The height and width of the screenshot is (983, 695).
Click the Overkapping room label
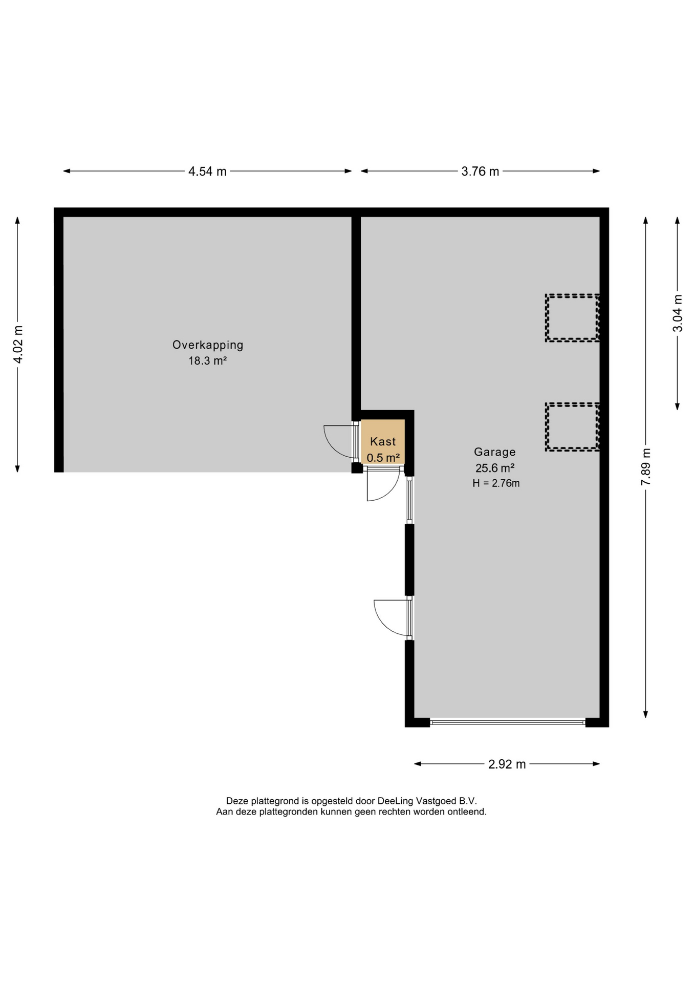pyautogui.click(x=207, y=346)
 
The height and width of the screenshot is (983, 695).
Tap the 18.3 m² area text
pyautogui.click(x=207, y=361)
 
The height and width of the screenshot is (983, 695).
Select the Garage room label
pyautogui.click(x=494, y=452)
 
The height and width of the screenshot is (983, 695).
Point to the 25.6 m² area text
pyautogui.click(x=494, y=468)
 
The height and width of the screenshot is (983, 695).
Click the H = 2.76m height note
pyautogui.click(x=496, y=483)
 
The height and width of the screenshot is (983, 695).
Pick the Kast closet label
pyautogui.click(x=383, y=441)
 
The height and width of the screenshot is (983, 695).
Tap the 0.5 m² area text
pyautogui.click(x=383, y=458)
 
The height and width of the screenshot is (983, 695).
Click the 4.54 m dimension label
pyautogui.click(x=207, y=172)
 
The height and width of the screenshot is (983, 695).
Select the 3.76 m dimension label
pyautogui.click(x=480, y=172)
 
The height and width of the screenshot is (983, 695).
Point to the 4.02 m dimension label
pyautogui.click(x=18, y=344)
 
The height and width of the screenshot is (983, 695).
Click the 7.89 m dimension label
pyautogui.click(x=646, y=467)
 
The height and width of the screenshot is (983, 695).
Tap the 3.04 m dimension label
pyautogui.click(x=678, y=313)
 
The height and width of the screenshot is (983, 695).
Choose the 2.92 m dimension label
pyautogui.click(x=507, y=764)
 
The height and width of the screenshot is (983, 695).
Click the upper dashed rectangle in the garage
pyautogui.click(x=572, y=295)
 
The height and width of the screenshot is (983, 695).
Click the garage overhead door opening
pyautogui.click(x=508, y=722)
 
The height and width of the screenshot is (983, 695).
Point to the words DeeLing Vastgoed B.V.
pyautogui.click(x=427, y=801)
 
